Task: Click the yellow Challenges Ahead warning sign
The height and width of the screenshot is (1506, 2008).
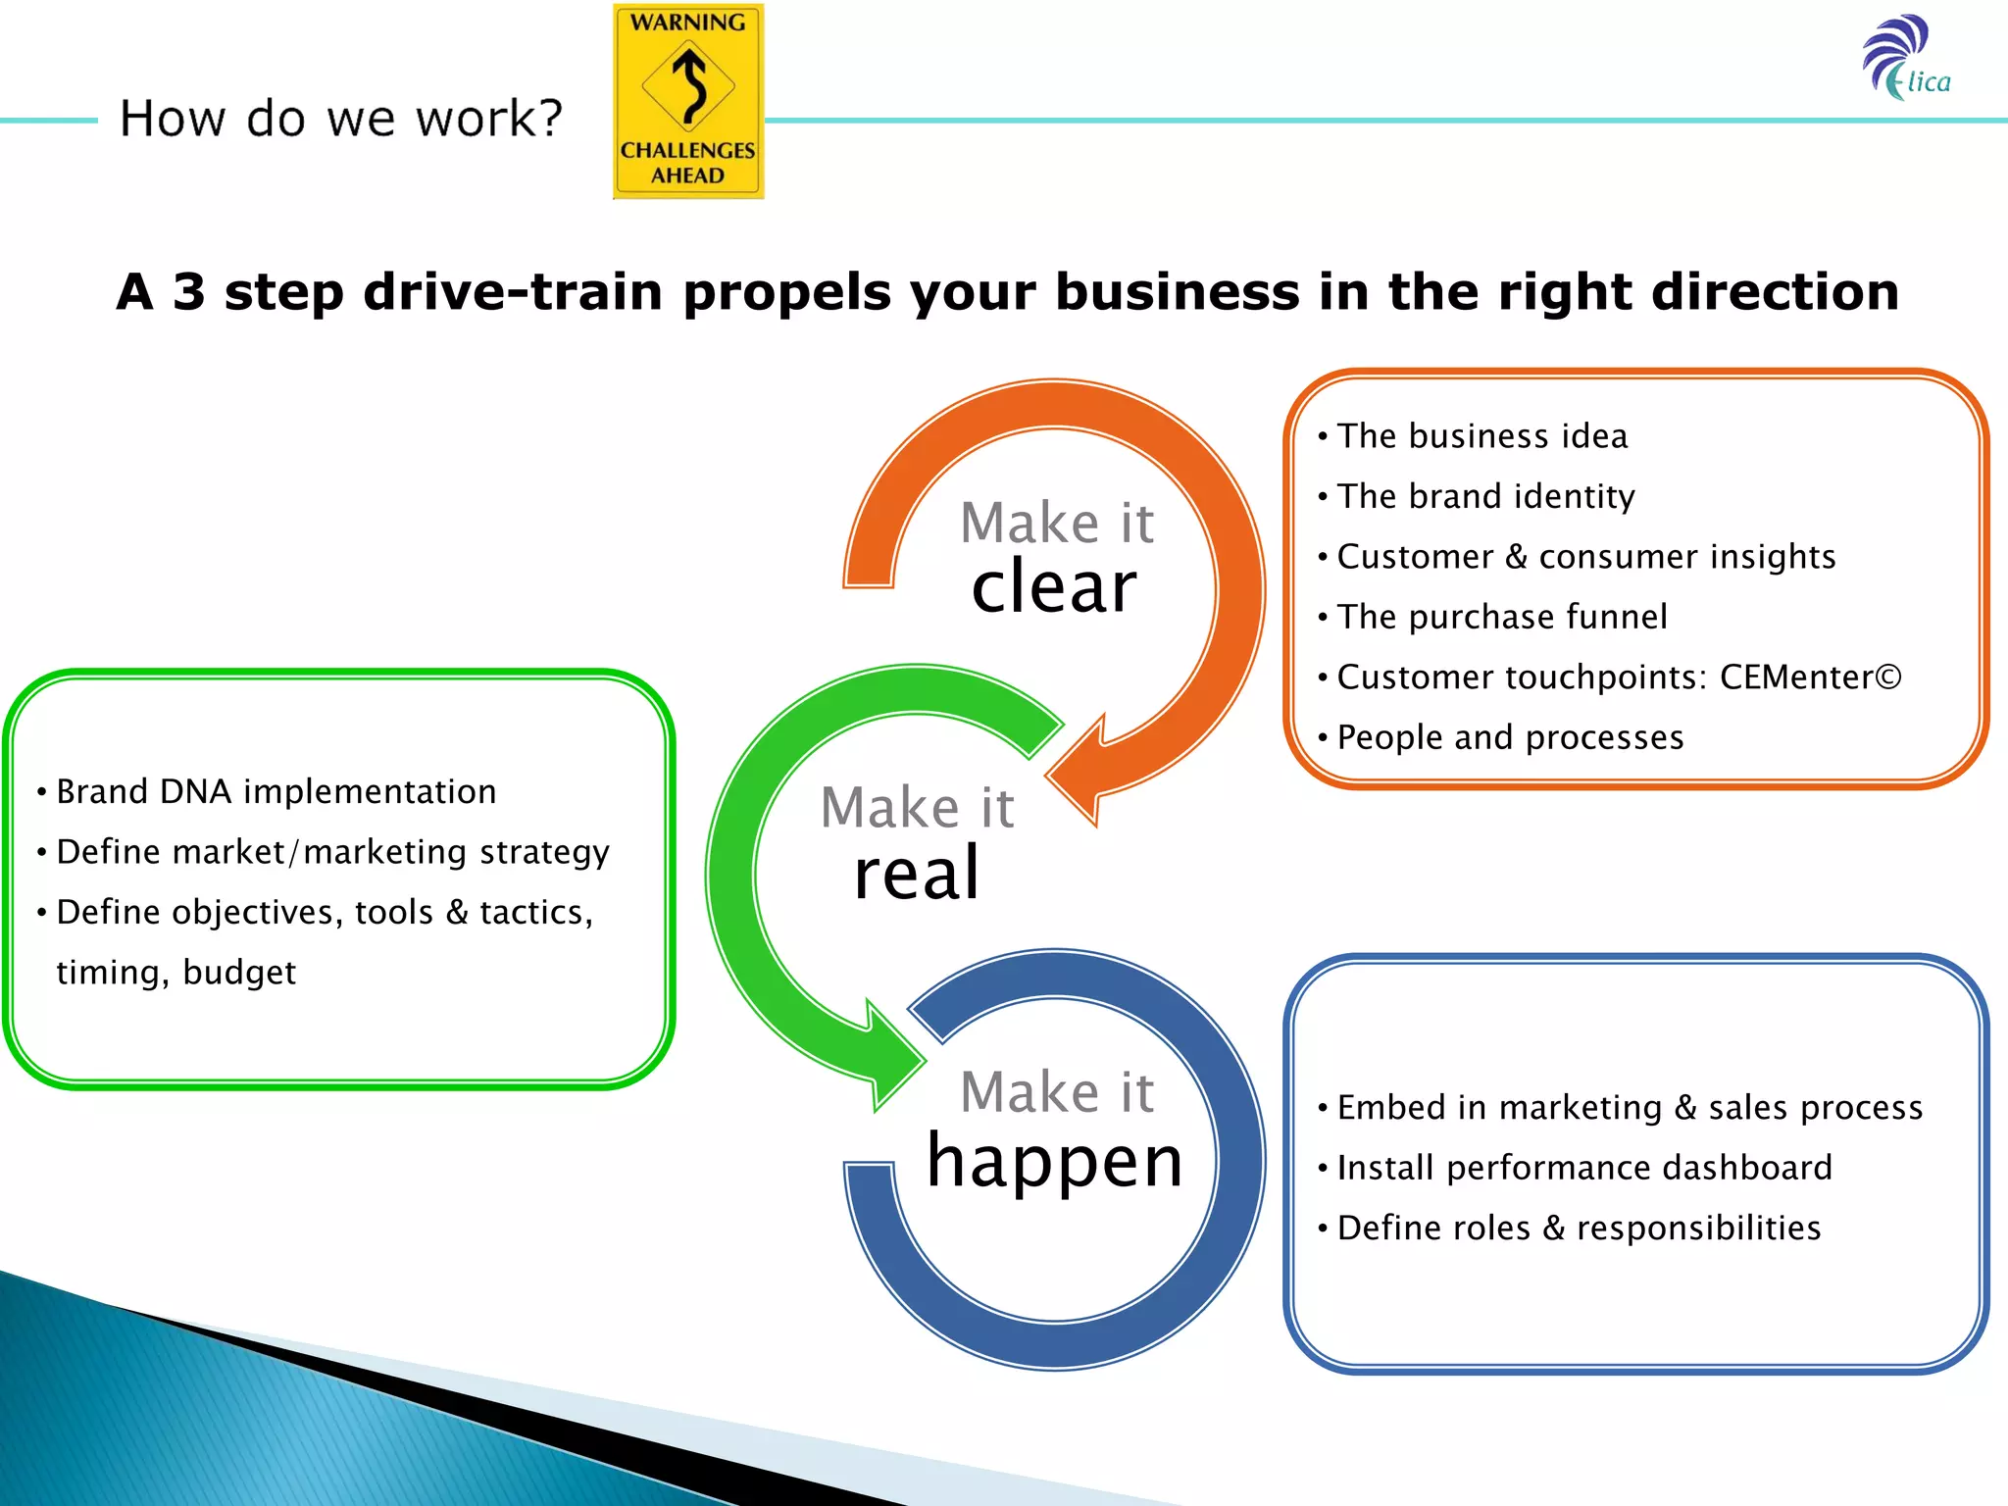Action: [x=688, y=101]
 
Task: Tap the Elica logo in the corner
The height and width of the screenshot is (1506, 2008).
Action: [x=1906, y=59]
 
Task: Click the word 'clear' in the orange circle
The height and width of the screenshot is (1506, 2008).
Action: [x=1054, y=587]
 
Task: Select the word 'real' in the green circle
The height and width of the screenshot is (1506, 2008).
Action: [x=917, y=873]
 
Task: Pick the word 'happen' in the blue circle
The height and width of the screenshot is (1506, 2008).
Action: [x=1055, y=1160]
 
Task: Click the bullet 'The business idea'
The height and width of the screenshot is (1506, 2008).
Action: [x=1481, y=436]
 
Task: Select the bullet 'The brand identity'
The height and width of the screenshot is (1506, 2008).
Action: [x=1485, y=497]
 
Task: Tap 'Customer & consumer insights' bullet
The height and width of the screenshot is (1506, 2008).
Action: [x=1585, y=557]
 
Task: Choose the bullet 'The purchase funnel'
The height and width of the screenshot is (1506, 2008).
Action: [x=1502, y=617]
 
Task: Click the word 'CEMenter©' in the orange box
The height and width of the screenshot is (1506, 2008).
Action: [x=1810, y=678]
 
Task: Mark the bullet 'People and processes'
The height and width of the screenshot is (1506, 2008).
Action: [x=1510, y=737]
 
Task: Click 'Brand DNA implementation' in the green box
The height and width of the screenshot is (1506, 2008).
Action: [x=276, y=791]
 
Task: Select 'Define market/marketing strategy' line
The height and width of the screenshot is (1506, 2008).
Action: [x=332, y=852]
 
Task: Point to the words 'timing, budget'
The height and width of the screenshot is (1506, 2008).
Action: [x=176, y=973]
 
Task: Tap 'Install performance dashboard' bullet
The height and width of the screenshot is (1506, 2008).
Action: [x=1583, y=1168]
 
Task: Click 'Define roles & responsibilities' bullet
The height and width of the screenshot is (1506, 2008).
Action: [x=1579, y=1228]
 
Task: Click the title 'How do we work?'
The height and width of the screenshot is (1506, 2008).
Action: [x=341, y=119]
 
